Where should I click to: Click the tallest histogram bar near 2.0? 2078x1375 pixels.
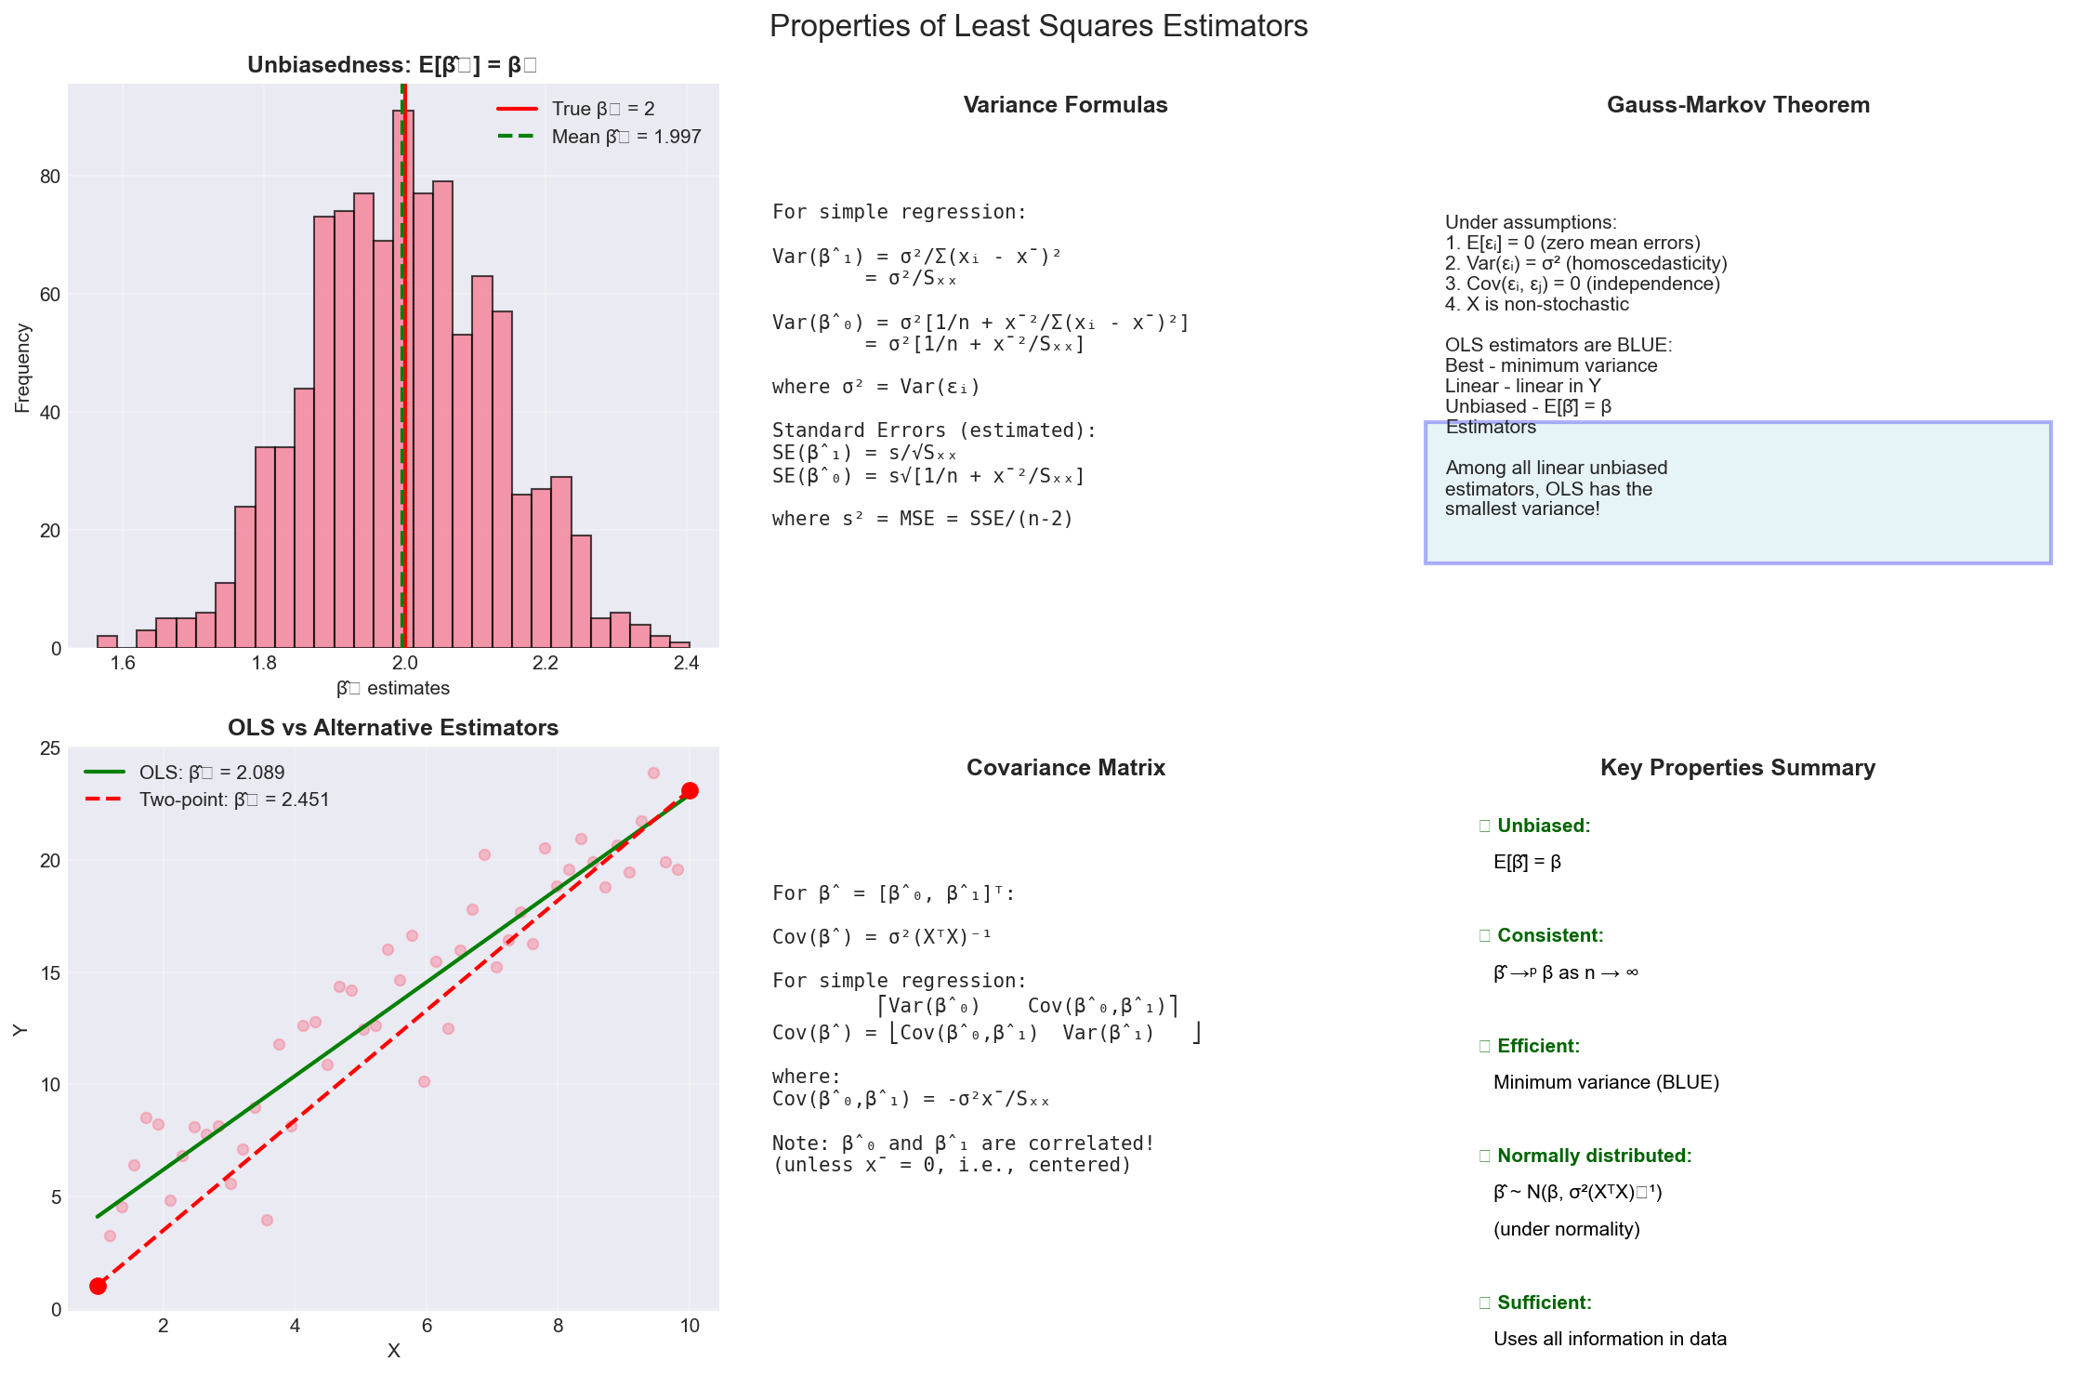[x=403, y=372]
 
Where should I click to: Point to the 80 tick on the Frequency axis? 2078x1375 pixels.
[x=50, y=177]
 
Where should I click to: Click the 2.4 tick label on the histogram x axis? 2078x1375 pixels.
[x=686, y=663]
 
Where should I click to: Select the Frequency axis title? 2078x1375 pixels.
[x=22, y=368]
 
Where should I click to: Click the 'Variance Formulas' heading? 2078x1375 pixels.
[x=1065, y=105]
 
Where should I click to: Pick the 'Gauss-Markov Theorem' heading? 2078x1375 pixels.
[x=1738, y=105]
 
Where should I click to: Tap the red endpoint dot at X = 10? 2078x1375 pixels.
[x=690, y=791]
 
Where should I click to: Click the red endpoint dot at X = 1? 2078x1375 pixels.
[x=98, y=1286]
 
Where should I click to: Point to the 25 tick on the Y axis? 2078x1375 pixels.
[x=50, y=748]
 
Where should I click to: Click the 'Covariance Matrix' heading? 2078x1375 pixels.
[x=1065, y=768]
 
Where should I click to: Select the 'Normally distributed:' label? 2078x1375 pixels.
[x=1594, y=1156]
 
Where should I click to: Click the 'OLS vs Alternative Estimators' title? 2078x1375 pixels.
[x=393, y=728]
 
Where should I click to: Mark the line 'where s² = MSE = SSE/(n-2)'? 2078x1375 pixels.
[x=922, y=519]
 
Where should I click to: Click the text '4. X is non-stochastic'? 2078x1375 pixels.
[x=1537, y=304]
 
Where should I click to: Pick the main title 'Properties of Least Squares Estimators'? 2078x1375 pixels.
[x=1038, y=26]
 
